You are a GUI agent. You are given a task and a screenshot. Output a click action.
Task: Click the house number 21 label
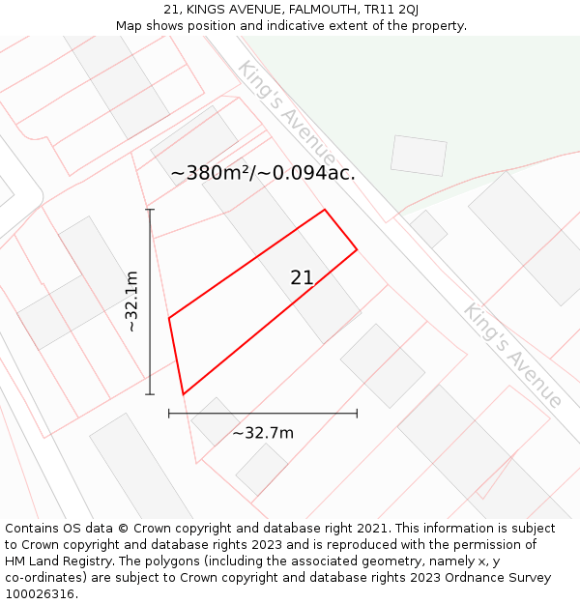point(302,278)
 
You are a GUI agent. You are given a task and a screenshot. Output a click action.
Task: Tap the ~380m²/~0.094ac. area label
point(263,174)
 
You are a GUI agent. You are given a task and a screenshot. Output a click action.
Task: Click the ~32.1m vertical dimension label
point(132,302)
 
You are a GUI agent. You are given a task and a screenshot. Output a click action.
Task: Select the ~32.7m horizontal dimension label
point(263,433)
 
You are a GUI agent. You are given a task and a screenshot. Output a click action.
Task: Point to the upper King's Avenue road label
point(287,113)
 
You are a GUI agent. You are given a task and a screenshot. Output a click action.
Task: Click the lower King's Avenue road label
point(513,355)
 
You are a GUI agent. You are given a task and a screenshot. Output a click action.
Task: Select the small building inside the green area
point(419,156)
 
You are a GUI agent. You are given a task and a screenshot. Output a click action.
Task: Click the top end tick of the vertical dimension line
point(150,210)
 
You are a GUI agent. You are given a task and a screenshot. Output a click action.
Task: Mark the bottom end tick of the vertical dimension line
point(150,394)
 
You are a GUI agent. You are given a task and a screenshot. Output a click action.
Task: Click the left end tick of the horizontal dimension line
point(169,413)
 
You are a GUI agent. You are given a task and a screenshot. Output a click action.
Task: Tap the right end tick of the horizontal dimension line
point(357,413)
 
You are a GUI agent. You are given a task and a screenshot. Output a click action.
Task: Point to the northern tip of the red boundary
point(324,210)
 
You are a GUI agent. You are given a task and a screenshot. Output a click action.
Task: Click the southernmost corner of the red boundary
point(183,394)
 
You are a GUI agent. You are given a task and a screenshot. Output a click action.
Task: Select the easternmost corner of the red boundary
point(357,249)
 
